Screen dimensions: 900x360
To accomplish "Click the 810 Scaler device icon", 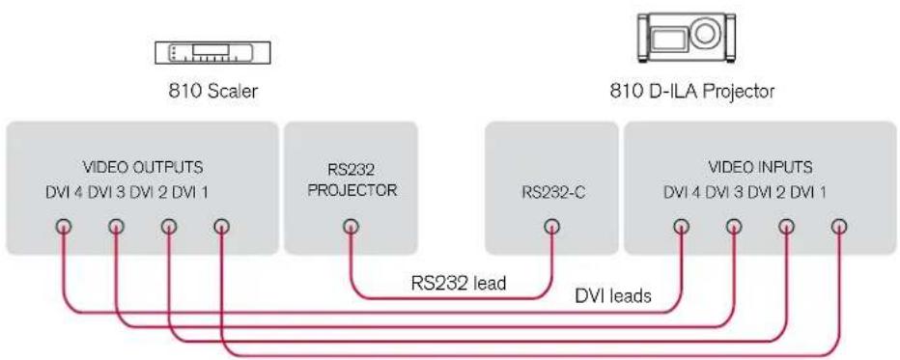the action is pyautogui.click(x=213, y=53).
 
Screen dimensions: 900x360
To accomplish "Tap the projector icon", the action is pyautogui.click(x=687, y=38).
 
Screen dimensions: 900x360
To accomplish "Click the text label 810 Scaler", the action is pyautogui.click(x=213, y=91).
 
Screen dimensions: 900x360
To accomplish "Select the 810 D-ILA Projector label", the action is pyautogui.click(x=691, y=91).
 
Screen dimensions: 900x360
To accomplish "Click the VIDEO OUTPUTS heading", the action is pyautogui.click(x=143, y=167).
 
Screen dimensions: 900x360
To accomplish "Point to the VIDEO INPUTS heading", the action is pyautogui.click(x=760, y=167).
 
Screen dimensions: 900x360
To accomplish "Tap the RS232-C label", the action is pyautogui.click(x=552, y=191).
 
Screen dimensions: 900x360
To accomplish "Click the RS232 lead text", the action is pyautogui.click(x=459, y=283).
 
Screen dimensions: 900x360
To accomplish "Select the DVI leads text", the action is pyautogui.click(x=613, y=295).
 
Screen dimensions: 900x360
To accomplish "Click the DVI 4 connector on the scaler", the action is pyautogui.click(x=63, y=227).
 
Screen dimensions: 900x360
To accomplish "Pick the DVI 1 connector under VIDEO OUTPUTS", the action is pyautogui.click(x=221, y=227).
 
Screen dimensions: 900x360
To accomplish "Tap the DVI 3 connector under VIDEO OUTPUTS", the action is pyautogui.click(x=116, y=227).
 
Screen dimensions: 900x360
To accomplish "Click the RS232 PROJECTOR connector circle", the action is pyautogui.click(x=351, y=227).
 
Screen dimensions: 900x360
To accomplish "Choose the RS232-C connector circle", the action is pyautogui.click(x=551, y=227).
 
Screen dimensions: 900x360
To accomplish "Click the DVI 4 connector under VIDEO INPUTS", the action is pyautogui.click(x=682, y=227).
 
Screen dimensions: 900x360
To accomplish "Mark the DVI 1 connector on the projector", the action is pyautogui.click(x=839, y=227).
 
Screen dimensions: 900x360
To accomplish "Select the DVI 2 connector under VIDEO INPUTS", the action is pyautogui.click(x=786, y=227).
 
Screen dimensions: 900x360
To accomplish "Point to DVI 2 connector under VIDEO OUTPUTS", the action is pyautogui.click(x=169, y=227).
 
